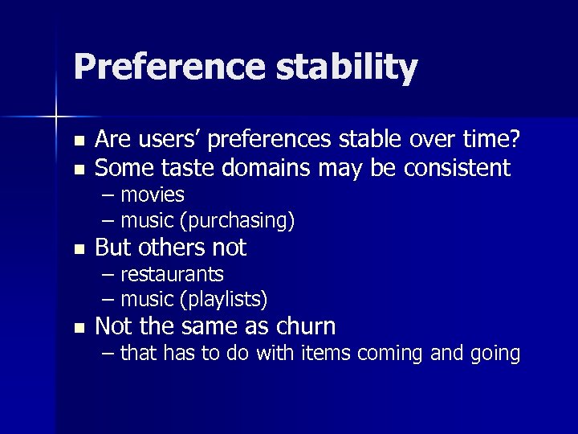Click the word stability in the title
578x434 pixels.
pos(347,68)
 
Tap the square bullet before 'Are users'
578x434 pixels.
pos(78,141)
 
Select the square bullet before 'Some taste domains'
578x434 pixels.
pos(78,169)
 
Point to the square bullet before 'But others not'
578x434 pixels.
pos(78,248)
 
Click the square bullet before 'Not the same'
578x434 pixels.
pos(78,327)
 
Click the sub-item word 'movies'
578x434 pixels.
pos(153,195)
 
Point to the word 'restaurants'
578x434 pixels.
pos(172,275)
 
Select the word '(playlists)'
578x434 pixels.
pos(224,300)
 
